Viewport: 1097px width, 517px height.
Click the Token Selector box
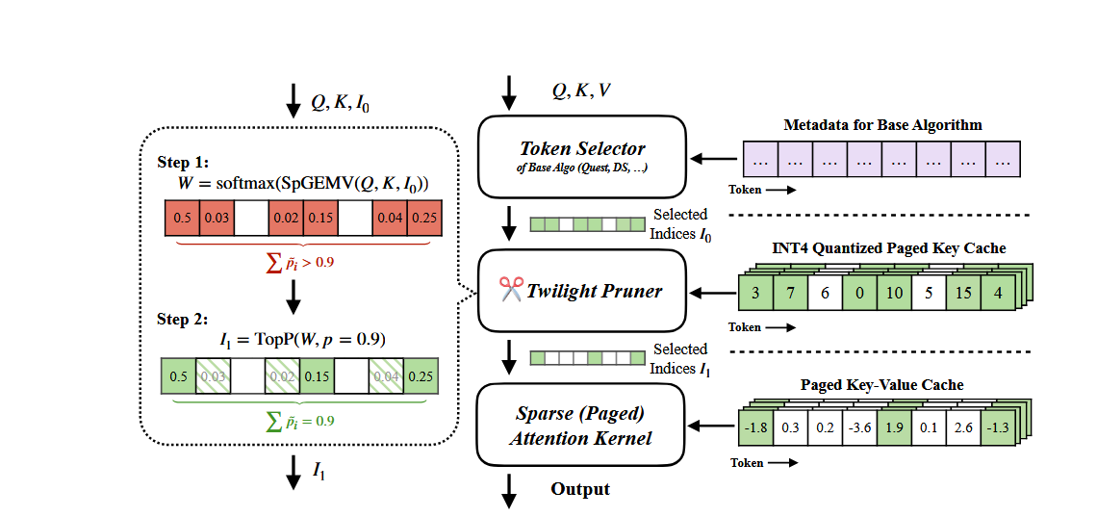[583, 154]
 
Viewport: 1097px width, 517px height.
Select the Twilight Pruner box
[583, 290]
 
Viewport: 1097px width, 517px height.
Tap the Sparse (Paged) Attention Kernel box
[583, 427]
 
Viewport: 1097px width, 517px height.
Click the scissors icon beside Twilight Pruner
[510, 289]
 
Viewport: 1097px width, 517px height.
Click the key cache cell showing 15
[963, 292]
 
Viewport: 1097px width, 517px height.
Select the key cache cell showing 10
[894, 292]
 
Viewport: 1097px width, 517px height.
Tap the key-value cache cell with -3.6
[859, 427]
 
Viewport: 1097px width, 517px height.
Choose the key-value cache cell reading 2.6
[963, 427]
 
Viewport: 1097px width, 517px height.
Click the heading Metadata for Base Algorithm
[881, 125]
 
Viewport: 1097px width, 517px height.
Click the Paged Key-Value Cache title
[881, 385]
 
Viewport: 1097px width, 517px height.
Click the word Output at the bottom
[580, 489]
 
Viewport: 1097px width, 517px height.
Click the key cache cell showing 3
[755, 292]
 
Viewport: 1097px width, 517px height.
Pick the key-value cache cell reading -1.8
[755, 427]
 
